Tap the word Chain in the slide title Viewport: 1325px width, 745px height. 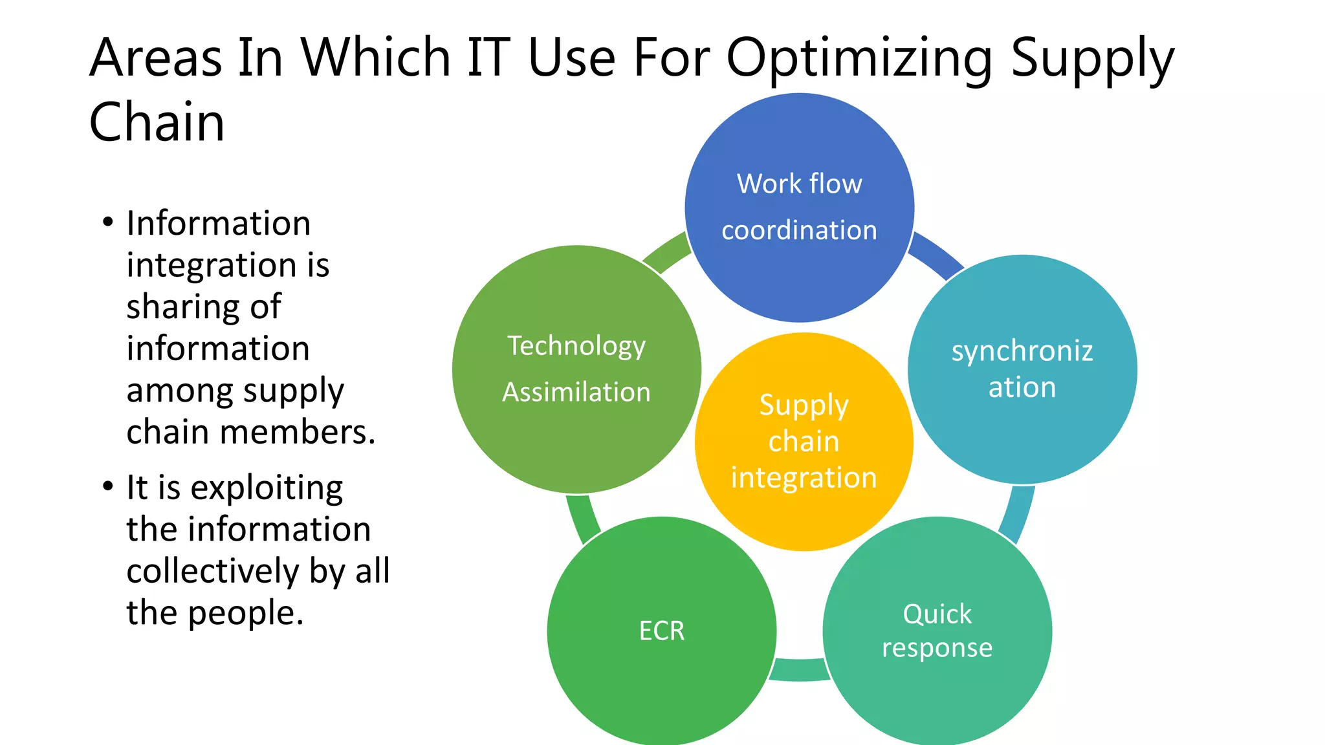157,122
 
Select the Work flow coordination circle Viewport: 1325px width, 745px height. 800,207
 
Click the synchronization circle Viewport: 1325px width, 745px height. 1022,369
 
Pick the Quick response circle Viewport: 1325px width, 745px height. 937,631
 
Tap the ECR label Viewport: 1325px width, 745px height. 661,631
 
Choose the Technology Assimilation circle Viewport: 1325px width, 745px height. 576,369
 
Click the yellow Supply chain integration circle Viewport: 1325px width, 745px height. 804,442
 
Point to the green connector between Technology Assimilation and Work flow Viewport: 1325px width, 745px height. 666,254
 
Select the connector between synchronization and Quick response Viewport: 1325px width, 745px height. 1018,514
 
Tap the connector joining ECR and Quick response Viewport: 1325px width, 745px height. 800,670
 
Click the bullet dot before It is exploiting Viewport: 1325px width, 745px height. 108,486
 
